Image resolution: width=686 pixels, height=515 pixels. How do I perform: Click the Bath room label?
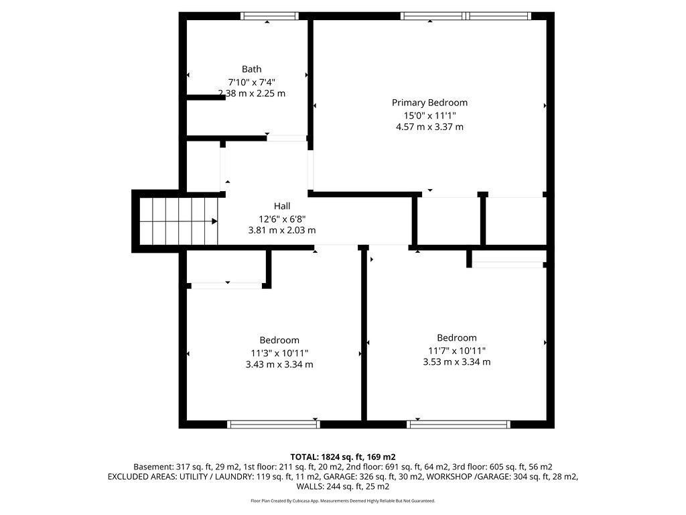pyautogui.click(x=252, y=69)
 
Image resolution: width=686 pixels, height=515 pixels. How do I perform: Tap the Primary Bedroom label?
pyautogui.click(x=429, y=103)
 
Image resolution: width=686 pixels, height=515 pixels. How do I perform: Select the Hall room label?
pyautogui.click(x=282, y=206)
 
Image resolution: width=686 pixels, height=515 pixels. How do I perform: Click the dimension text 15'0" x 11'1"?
pyautogui.click(x=429, y=115)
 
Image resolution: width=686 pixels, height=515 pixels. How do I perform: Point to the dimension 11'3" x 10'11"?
pyautogui.click(x=279, y=353)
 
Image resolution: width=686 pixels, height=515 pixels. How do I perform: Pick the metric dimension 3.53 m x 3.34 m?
pyautogui.click(x=457, y=361)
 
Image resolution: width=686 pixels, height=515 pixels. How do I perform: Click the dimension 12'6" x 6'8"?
pyautogui.click(x=282, y=219)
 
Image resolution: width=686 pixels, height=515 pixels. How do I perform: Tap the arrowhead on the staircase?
pyautogui.click(x=214, y=221)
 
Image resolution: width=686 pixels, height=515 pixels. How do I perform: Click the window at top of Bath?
pyautogui.click(x=269, y=16)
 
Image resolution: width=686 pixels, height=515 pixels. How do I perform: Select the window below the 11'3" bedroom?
pyautogui.click(x=274, y=424)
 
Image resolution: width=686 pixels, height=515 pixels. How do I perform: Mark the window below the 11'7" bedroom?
pyautogui.click(x=458, y=424)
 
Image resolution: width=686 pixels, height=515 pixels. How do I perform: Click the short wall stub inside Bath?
pyautogui.click(x=206, y=98)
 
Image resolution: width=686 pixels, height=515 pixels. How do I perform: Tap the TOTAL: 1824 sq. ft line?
pyautogui.click(x=343, y=457)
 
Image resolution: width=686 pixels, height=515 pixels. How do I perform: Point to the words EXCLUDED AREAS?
pyautogui.click(x=142, y=477)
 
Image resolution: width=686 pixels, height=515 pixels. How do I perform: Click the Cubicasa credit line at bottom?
pyautogui.click(x=343, y=500)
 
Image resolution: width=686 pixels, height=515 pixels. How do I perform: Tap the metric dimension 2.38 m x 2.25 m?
pyautogui.click(x=252, y=93)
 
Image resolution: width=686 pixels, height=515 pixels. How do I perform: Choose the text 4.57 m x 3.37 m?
pyautogui.click(x=429, y=127)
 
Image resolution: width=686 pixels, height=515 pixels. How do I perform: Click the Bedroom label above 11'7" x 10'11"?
pyautogui.click(x=457, y=338)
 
